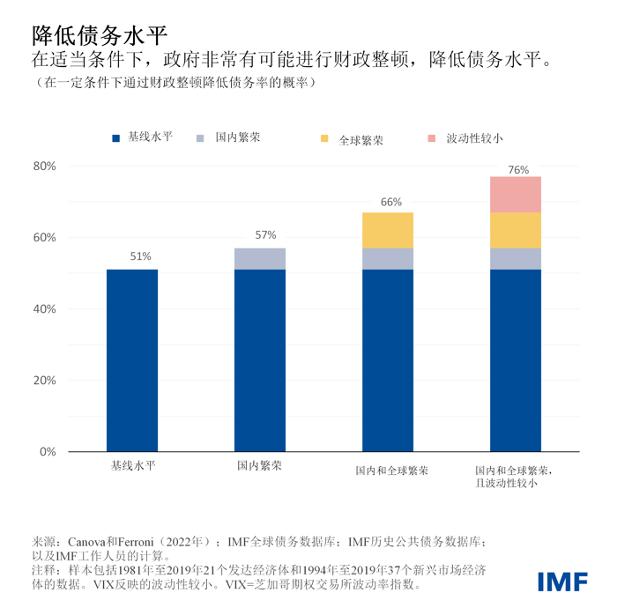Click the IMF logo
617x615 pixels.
(564, 582)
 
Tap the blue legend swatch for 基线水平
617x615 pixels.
(115, 138)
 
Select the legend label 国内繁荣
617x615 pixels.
(238, 138)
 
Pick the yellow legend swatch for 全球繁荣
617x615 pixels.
(324, 139)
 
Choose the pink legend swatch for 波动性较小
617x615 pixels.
(431, 139)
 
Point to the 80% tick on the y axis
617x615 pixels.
(44, 167)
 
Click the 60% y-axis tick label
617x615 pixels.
(44, 238)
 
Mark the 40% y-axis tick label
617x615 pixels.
(44, 309)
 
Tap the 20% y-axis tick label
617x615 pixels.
(44, 381)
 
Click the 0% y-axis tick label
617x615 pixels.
(48, 452)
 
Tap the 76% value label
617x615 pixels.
(518, 169)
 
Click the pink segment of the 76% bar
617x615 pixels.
(516, 195)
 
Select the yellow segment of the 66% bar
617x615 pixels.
(388, 230)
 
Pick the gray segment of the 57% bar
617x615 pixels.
(260, 258)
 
